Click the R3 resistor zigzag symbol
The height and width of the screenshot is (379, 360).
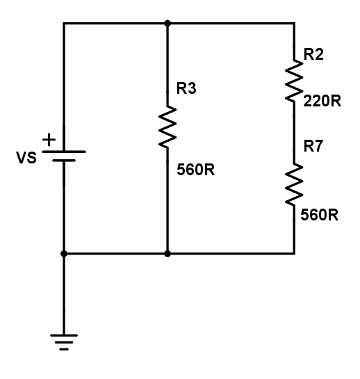[x=167, y=127]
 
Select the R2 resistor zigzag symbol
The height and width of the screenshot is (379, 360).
[x=294, y=81]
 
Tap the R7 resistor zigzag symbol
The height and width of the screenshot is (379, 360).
[x=294, y=185]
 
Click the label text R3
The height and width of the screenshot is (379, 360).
[x=186, y=88]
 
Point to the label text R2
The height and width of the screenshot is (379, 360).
[x=313, y=54]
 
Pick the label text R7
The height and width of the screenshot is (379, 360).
[x=313, y=146]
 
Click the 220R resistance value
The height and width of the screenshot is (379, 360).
[x=322, y=101]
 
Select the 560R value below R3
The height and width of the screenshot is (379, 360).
[x=196, y=170]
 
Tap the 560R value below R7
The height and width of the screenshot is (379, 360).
[x=320, y=215]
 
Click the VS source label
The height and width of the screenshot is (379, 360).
[x=26, y=158]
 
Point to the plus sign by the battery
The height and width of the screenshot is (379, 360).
[x=49, y=140]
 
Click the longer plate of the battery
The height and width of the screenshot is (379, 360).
[x=64, y=152]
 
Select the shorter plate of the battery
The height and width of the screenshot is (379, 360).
[x=64, y=160]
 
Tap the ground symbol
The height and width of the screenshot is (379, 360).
[x=64, y=342]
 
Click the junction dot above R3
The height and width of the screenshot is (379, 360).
[x=167, y=24]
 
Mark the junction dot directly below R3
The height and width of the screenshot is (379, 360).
[x=167, y=254]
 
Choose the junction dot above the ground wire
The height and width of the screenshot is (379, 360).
[x=64, y=254]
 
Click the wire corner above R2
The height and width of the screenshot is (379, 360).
[x=294, y=24]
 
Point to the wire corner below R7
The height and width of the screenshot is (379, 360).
[x=294, y=254]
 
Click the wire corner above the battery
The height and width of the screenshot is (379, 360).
[x=64, y=24]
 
